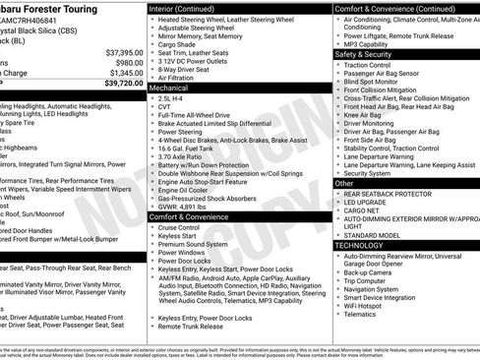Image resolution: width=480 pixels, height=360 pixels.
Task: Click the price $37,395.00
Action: [x=118, y=51]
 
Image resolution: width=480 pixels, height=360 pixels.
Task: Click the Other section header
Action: [x=345, y=183]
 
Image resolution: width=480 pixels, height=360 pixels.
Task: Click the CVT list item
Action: [x=165, y=108]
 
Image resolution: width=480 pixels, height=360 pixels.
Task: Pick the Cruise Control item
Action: [x=179, y=227]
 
